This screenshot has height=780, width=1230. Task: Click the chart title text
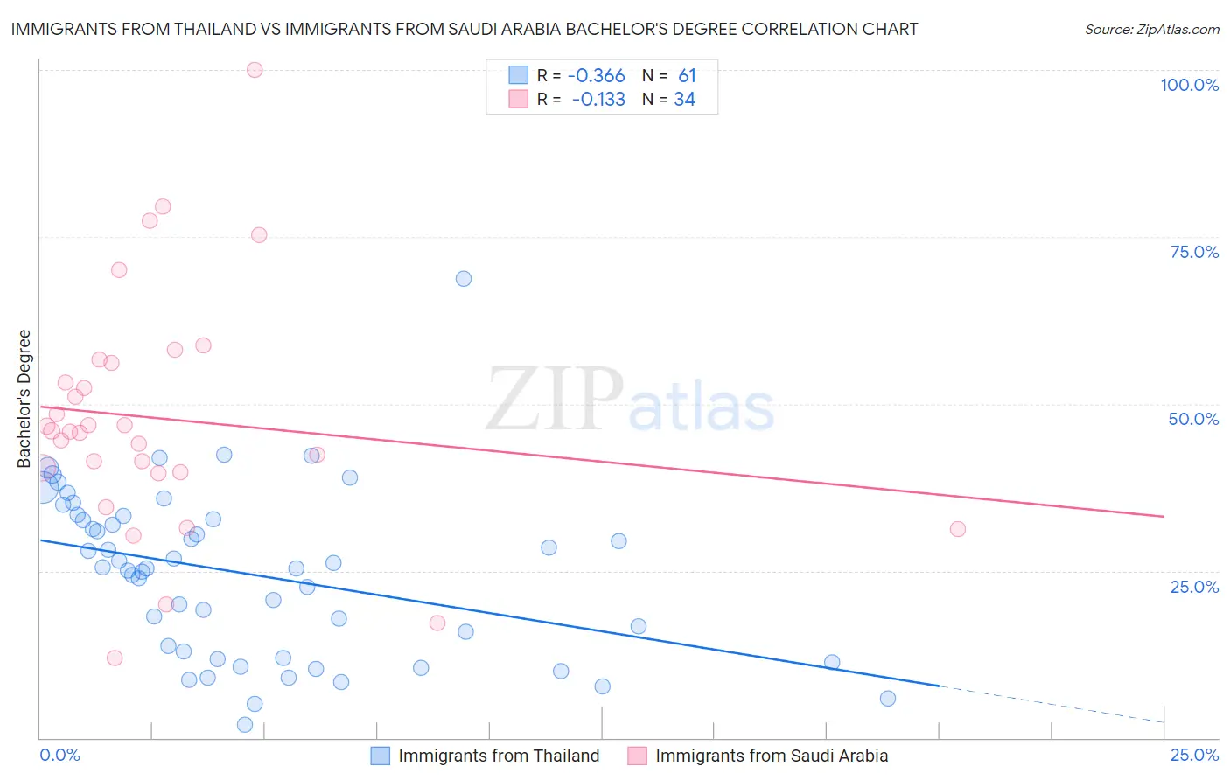click(465, 29)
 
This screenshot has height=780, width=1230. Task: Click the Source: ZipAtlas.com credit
click(1151, 30)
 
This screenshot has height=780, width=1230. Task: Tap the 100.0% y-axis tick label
click(1189, 85)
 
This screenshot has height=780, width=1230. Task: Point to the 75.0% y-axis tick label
click(1194, 252)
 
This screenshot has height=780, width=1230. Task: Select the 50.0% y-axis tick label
click(1193, 419)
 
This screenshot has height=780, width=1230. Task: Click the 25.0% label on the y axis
click(1194, 586)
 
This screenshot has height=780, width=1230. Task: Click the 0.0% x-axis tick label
click(59, 755)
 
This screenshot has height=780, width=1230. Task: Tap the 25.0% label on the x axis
click(1194, 755)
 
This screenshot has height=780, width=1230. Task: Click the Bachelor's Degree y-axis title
click(24, 398)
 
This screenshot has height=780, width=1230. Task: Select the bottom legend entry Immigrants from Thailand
click(499, 756)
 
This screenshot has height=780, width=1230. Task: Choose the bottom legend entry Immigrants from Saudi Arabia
click(772, 756)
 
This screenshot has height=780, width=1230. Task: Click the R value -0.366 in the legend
click(596, 76)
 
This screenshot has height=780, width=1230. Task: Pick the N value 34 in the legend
click(684, 100)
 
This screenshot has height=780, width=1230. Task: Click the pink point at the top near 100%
click(255, 70)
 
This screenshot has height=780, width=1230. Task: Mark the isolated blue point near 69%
click(464, 279)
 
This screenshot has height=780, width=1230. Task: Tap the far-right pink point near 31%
click(958, 529)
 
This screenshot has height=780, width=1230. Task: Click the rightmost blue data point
click(888, 698)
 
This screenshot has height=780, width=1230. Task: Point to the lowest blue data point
click(245, 725)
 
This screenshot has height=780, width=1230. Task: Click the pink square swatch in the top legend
click(519, 99)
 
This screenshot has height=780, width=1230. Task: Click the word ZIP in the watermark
click(555, 400)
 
